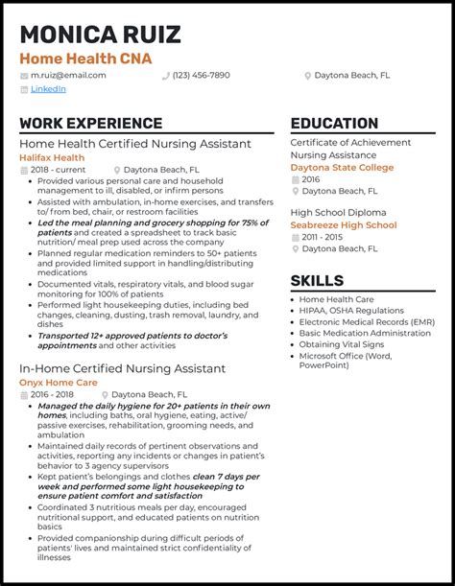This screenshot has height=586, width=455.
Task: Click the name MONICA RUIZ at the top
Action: coord(100,35)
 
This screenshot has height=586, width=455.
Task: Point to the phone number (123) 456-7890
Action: coord(201,75)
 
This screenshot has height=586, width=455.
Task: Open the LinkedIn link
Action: coord(48,88)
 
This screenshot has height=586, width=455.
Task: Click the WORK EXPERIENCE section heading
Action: coord(90,124)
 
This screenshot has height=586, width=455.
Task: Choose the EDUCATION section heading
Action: coord(334,124)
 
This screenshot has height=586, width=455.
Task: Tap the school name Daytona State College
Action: coord(342,167)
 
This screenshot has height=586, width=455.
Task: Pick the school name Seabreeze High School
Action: coord(343,225)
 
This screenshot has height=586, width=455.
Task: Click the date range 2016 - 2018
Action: coord(52,393)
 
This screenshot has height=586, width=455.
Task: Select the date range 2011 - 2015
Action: coord(323,237)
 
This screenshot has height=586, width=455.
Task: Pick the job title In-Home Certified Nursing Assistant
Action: coord(122,368)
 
